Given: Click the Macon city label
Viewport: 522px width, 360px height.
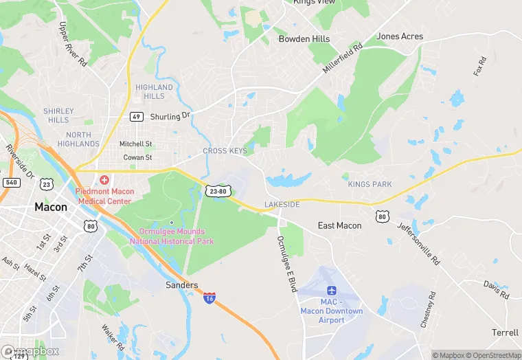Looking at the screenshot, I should point(52,207).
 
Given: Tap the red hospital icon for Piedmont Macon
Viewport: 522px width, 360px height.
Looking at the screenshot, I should point(104,179).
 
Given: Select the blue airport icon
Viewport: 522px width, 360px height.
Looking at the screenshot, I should point(332,290).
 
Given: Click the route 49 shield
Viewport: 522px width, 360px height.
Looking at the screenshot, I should point(137,116).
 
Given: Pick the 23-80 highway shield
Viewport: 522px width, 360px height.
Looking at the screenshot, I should point(216,191).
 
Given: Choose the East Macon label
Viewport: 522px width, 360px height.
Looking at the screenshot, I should point(339,225).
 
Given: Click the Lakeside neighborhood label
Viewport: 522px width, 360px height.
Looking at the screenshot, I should point(282,205).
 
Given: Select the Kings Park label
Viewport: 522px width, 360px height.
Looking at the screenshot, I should point(370,184).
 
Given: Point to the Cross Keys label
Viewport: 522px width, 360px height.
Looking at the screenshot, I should point(225,151).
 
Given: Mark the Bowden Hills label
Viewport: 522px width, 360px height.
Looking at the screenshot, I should point(304,39).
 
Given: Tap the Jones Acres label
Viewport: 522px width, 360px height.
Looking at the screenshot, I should point(400,36).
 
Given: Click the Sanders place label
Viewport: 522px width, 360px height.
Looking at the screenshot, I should point(182,285).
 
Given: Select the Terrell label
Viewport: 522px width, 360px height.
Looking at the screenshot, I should point(505,333).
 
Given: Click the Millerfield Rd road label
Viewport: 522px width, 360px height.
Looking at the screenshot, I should point(343,59).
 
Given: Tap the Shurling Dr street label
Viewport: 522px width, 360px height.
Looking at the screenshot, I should point(170,116).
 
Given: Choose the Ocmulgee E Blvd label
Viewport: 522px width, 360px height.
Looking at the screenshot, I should point(286,264).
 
